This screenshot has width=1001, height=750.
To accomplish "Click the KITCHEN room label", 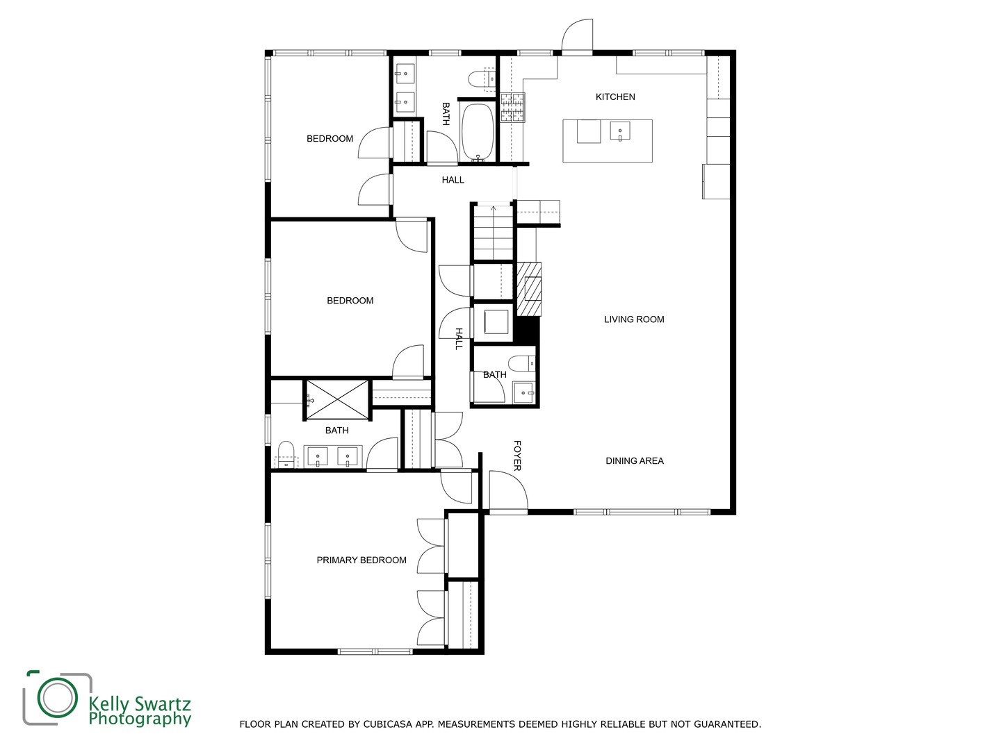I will click(615, 97).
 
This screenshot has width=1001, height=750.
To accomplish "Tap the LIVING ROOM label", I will click(634, 319).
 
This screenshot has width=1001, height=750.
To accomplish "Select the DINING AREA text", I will click(634, 461).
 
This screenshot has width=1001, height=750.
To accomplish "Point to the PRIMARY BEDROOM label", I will click(361, 560).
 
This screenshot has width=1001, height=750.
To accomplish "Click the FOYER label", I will click(517, 456).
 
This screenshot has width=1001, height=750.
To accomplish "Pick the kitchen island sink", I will click(620, 131).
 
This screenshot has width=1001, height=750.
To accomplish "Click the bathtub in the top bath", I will click(478, 132).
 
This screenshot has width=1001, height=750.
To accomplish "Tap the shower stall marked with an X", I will click(337, 399).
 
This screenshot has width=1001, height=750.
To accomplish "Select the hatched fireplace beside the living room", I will click(528, 289).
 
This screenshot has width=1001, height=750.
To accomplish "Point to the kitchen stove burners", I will click(513, 108).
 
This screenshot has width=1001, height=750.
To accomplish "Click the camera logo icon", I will click(57, 697).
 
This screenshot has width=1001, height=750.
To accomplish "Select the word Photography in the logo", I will click(140, 719).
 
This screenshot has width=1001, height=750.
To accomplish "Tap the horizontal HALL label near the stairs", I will click(453, 180).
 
